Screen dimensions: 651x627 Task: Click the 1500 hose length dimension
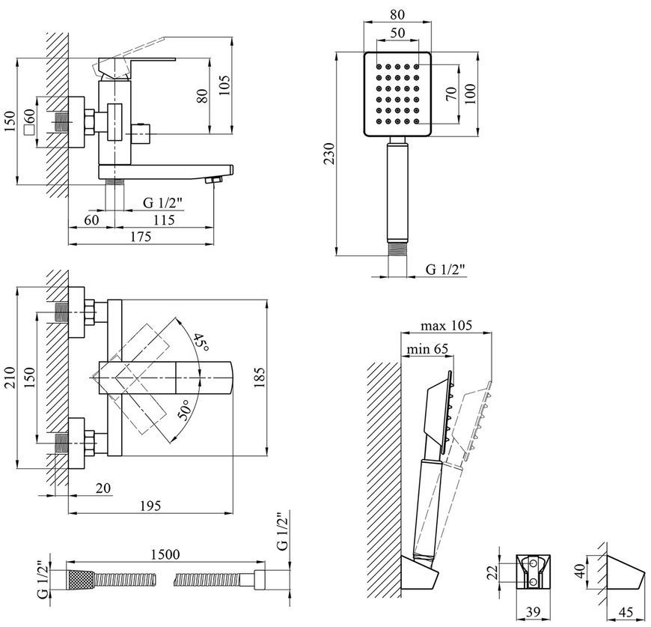coord(165,554)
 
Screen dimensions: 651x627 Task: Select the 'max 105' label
coord(446,325)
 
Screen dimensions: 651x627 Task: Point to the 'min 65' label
coord(427,349)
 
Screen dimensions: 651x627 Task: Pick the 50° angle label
coord(185,410)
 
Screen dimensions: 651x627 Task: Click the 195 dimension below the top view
coord(150,506)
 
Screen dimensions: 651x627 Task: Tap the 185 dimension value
coord(258,378)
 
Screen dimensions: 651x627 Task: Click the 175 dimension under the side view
coord(141,237)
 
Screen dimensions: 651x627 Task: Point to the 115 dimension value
coord(164,219)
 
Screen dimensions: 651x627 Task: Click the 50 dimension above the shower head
coord(397,32)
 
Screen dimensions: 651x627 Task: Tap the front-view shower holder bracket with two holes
coord(534,572)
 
